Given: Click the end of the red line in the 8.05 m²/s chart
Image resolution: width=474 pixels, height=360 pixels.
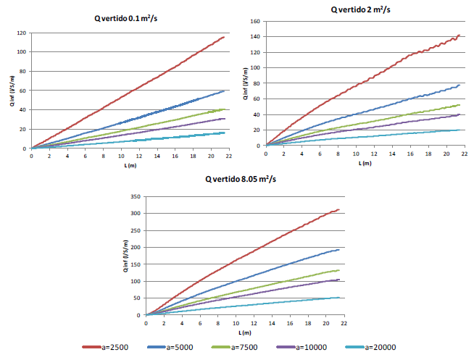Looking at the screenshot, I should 338,210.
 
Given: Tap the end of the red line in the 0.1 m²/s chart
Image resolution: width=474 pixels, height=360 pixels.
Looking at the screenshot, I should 224,37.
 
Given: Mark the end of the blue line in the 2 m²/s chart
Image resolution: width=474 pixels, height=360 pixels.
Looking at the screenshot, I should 460,85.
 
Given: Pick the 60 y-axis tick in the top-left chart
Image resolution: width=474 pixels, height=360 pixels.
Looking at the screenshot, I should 23,91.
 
